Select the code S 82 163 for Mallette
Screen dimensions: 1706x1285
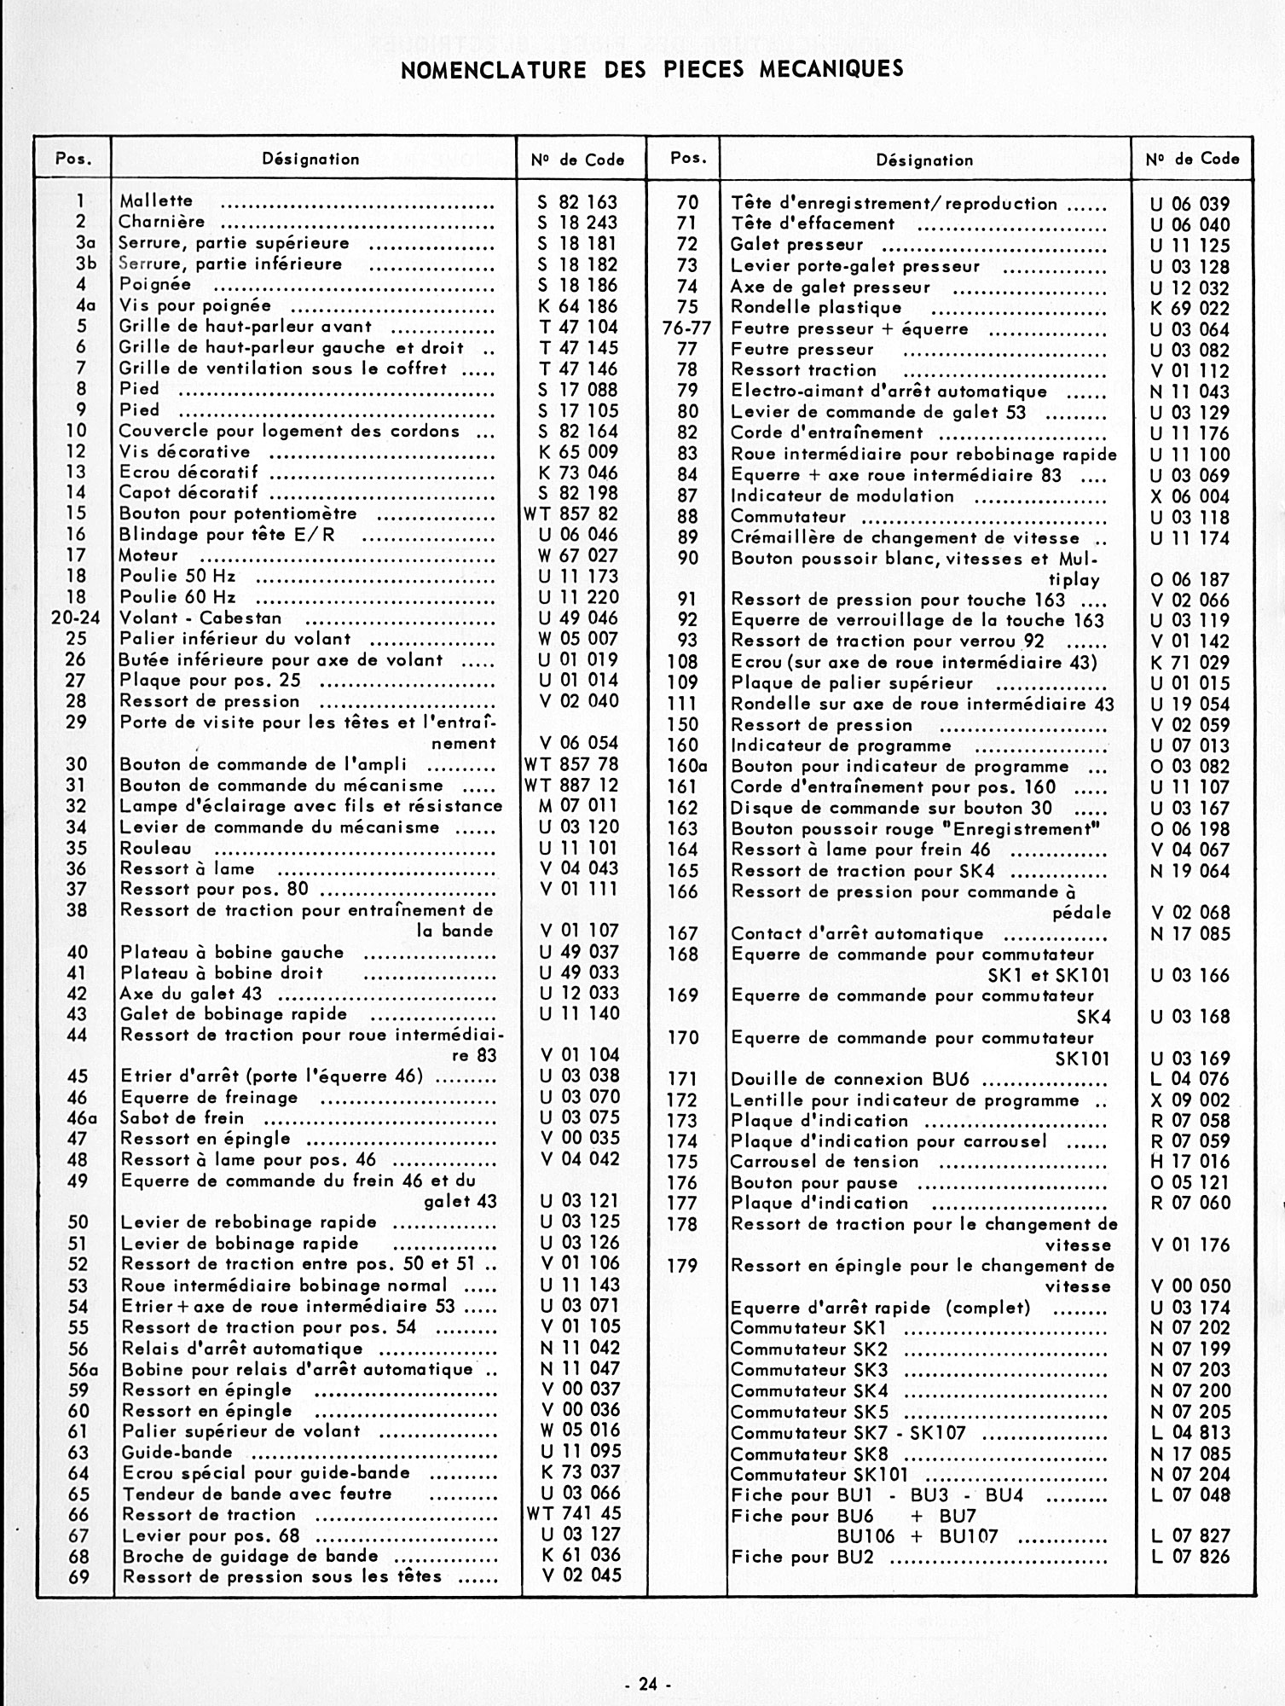(x=577, y=202)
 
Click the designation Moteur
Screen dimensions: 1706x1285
(x=149, y=555)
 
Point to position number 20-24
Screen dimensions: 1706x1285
(x=75, y=618)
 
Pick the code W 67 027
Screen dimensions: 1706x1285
(x=578, y=555)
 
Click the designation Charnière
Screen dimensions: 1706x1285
(x=162, y=222)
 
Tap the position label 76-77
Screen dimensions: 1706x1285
(x=686, y=328)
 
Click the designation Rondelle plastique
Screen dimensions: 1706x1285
(x=816, y=308)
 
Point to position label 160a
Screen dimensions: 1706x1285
(x=687, y=766)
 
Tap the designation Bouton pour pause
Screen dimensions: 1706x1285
(x=814, y=1183)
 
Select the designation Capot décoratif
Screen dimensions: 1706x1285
(x=189, y=492)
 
